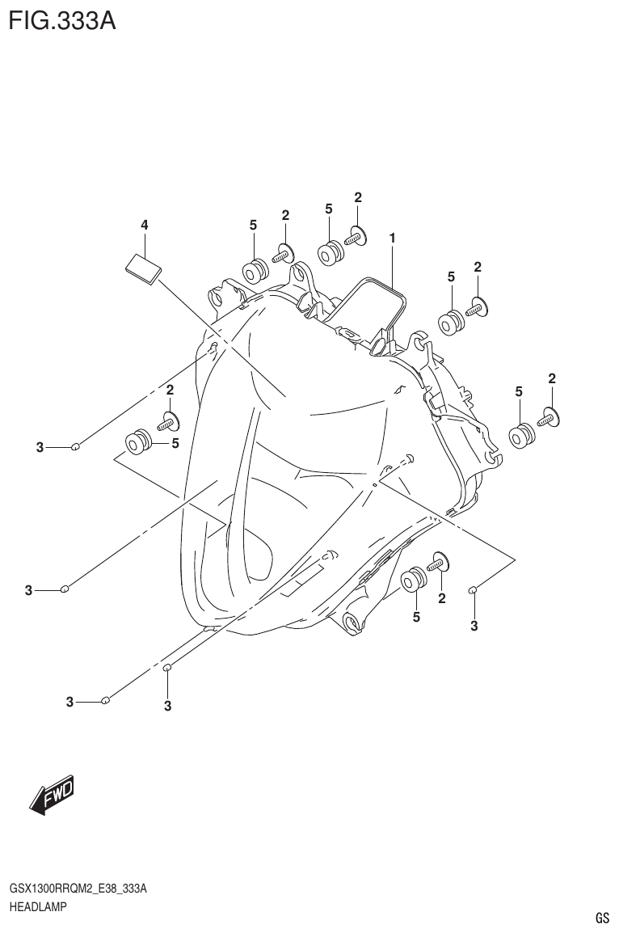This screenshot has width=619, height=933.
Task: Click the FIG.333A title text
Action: [62, 19]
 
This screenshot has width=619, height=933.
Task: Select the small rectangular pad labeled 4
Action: [143, 268]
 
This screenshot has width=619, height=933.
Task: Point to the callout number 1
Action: [392, 239]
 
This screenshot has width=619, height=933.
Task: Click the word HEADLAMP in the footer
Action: [38, 906]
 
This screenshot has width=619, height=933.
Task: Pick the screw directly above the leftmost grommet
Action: [169, 420]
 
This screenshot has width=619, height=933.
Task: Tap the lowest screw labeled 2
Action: [439, 561]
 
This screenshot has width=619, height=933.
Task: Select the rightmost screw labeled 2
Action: [550, 417]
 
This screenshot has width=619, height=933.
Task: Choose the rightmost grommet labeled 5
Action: [521, 435]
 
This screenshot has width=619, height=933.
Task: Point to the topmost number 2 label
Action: [358, 197]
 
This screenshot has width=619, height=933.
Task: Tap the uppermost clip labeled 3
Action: [75, 445]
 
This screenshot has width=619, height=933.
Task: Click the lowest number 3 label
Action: [167, 707]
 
